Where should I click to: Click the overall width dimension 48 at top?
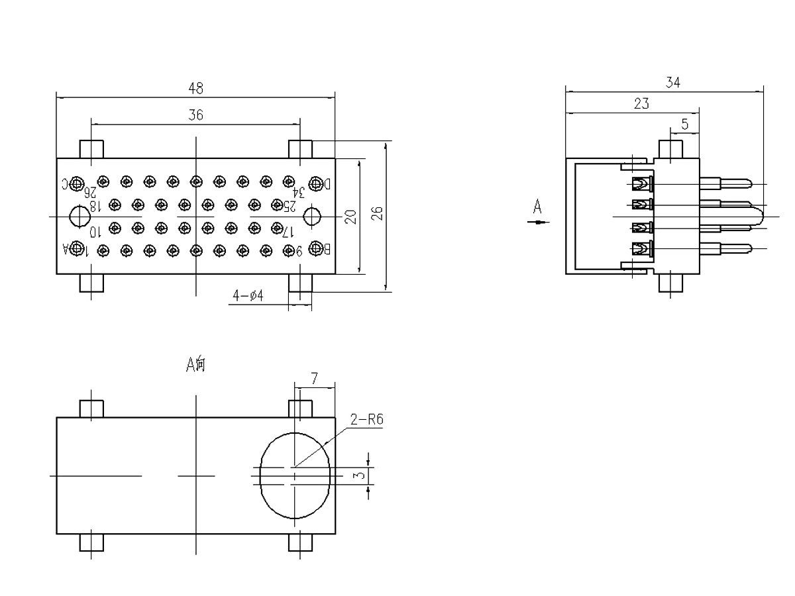195,87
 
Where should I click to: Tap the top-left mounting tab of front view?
91,149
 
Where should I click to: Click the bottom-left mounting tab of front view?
91,283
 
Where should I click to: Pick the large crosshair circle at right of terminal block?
312,214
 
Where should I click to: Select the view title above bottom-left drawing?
196,363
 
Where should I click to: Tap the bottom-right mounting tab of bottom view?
301,543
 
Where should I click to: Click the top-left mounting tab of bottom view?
91,408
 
